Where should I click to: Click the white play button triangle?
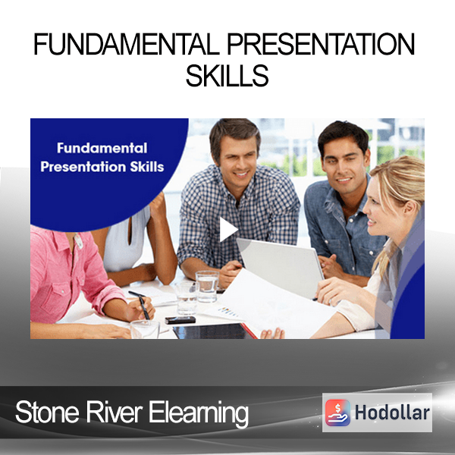point(227,229)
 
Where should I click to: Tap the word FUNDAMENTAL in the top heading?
point(126,45)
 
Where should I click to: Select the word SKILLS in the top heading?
point(227,75)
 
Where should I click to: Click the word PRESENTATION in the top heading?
point(321,45)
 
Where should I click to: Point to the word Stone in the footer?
point(47,413)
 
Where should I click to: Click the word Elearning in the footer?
point(199,413)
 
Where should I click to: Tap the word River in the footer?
point(114,412)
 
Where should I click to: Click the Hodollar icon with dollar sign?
point(337,413)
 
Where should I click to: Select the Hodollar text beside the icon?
point(392,413)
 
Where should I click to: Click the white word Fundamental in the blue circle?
point(102,148)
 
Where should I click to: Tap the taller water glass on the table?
point(207,287)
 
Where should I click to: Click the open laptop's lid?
point(280,267)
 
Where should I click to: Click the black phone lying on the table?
point(180,320)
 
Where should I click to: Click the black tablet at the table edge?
point(213,331)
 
